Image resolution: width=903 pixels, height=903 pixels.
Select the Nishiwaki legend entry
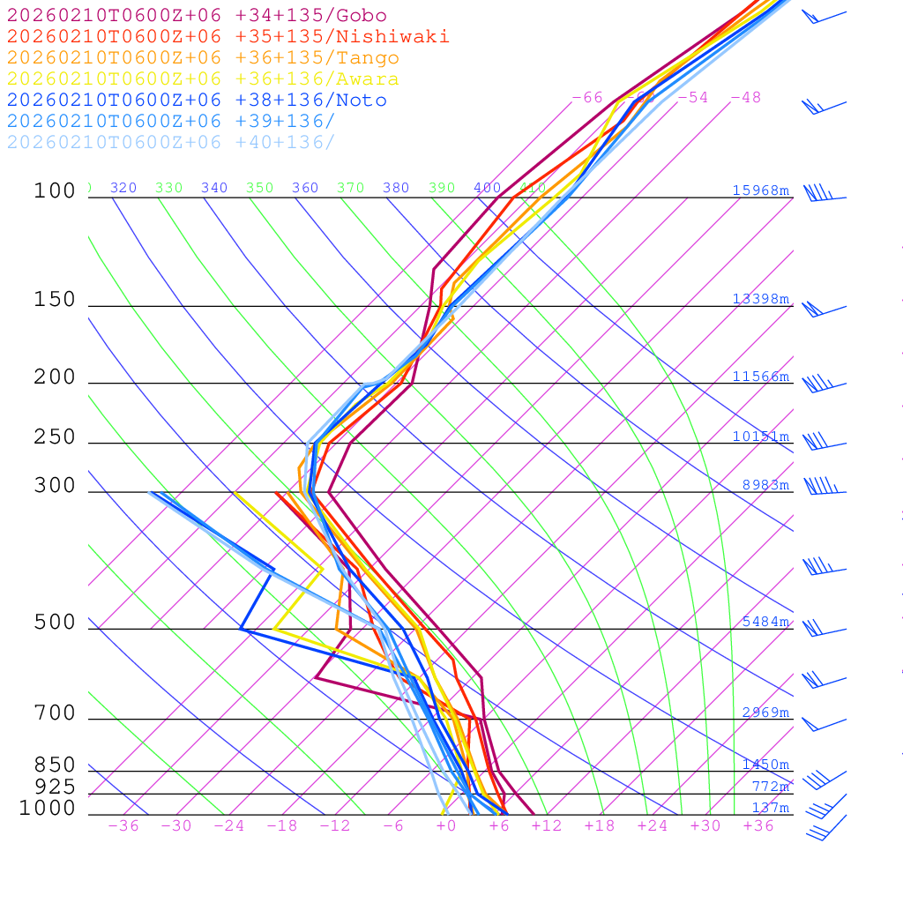tap(228, 37)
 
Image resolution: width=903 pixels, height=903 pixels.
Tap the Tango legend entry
tap(203, 58)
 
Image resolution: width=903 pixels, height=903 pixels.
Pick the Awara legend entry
tap(203, 79)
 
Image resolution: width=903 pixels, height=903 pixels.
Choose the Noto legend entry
tap(197, 101)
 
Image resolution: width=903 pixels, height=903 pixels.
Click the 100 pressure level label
tap(55, 190)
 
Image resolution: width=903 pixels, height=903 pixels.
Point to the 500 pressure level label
tap(55, 623)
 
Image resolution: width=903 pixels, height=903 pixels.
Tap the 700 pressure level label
tap(55, 713)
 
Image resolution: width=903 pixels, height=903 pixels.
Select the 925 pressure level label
tap(55, 787)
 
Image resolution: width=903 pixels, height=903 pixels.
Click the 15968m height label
tap(760, 190)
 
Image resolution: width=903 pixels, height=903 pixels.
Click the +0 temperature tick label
tap(445, 826)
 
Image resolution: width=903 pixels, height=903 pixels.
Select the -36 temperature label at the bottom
tap(123, 826)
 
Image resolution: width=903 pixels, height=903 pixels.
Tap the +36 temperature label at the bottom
tap(757, 826)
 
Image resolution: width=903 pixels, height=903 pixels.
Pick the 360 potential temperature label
tap(305, 188)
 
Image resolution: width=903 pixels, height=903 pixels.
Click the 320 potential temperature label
tap(123, 188)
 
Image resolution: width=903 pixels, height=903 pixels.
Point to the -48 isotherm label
tap(745, 97)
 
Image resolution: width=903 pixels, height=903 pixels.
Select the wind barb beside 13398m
tap(822, 309)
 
